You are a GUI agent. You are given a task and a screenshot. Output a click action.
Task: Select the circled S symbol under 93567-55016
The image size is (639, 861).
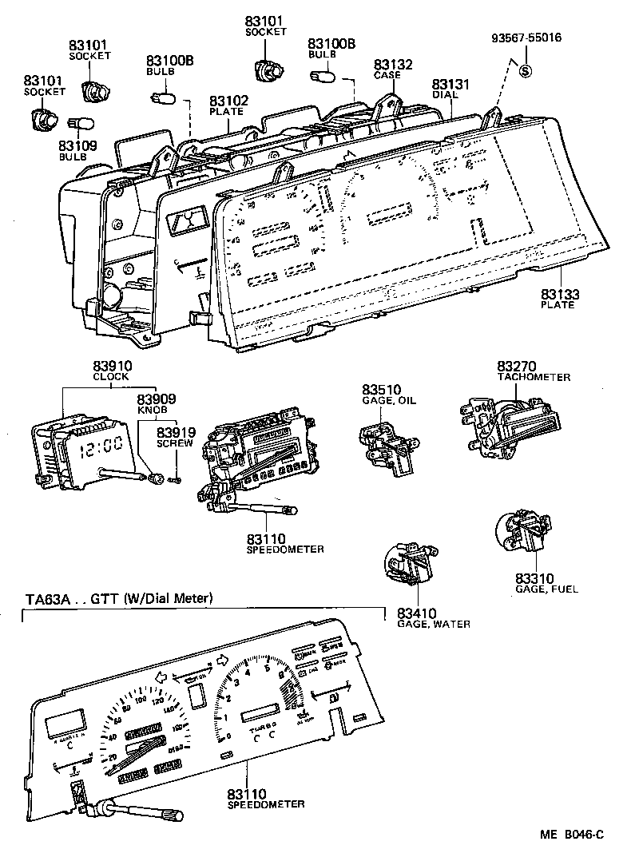[526, 69]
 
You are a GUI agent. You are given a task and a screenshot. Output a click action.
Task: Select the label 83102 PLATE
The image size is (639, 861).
[228, 105]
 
